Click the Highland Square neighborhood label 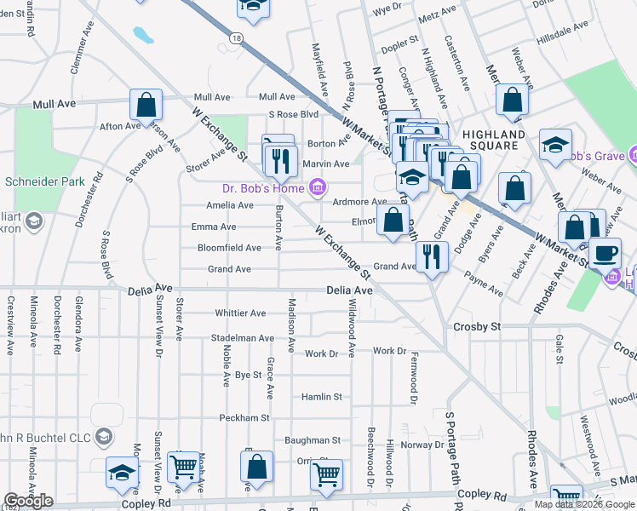[x=494, y=140]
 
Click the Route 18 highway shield [x=237, y=37]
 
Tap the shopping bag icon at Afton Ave [x=146, y=106]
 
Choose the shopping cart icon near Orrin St [x=327, y=474]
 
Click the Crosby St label [x=477, y=326]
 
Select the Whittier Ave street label [x=241, y=313]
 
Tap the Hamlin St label [x=321, y=397]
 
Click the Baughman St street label [x=313, y=440]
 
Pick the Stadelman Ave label [x=243, y=338]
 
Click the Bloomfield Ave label [x=229, y=248]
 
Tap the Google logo [x=29, y=501]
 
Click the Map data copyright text [x=584, y=504]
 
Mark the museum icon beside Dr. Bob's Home [x=318, y=187]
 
